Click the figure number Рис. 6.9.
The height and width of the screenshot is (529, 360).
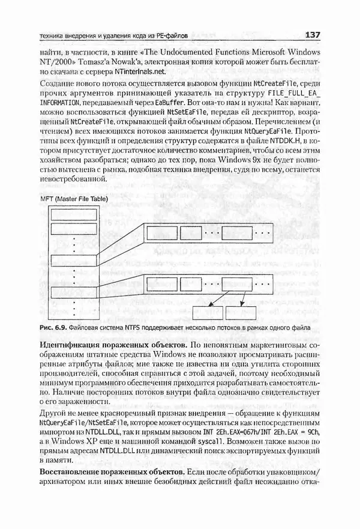[x=52, y=328]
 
